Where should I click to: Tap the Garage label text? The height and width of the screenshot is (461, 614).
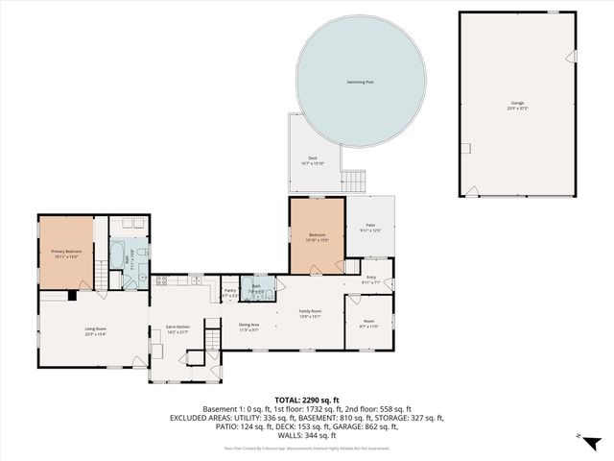517,103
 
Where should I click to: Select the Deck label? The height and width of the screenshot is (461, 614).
313,159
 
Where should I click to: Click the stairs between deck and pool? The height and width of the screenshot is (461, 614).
357,181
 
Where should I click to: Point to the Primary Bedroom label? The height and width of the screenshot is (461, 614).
66,253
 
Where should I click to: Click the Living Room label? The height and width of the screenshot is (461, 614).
95,330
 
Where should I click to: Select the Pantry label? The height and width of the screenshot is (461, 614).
230,291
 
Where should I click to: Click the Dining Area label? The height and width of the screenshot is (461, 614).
249,327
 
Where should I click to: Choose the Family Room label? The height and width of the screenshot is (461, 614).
310,313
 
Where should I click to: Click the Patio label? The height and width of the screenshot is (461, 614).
369,226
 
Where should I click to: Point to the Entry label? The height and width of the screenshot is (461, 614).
369,279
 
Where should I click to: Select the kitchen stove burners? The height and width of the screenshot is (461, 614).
161,280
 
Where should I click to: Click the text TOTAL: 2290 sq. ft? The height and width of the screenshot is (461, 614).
307,399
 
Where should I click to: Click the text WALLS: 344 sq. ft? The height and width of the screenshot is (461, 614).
307,435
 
